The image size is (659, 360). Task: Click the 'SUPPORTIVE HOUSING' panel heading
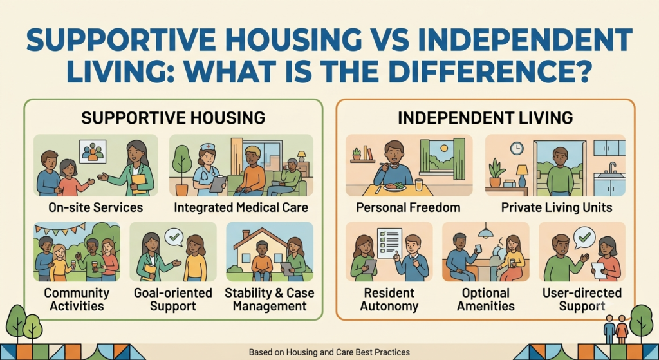pyautogui.click(x=173, y=118)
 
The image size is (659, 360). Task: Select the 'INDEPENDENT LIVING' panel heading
pyautogui.click(x=485, y=118)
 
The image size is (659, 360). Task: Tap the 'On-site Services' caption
pyautogui.click(x=95, y=207)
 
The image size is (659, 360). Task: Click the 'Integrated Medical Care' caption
pyautogui.click(x=241, y=207)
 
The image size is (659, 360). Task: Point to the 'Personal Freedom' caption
pyautogui.click(x=408, y=207)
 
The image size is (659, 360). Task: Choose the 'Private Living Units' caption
pyautogui.click(x=557, y=207)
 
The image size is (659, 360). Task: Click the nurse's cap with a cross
pyautogui.click(x=207, y=147)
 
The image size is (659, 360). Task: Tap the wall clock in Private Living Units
pyautogui.click(x=517, y=148)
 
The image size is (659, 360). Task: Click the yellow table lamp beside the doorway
pyautogui.click(x=522, y=175)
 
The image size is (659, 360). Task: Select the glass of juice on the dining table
pyautogui.click(x=418, y=185)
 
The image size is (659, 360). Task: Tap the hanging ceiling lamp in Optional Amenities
pyautogui.click(x=485, y=231)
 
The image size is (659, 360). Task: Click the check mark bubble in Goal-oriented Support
pyautogui.click(x=174, y=237)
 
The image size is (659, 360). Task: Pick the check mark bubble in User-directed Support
pyautogui.click(x=584, y=237)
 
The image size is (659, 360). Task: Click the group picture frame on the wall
pyautogui.click(x=93, y=151)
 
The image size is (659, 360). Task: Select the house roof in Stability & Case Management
pyautogui.click(x=260, y=238)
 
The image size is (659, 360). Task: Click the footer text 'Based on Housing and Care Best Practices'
pyautogui.click(x=329, y=352)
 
